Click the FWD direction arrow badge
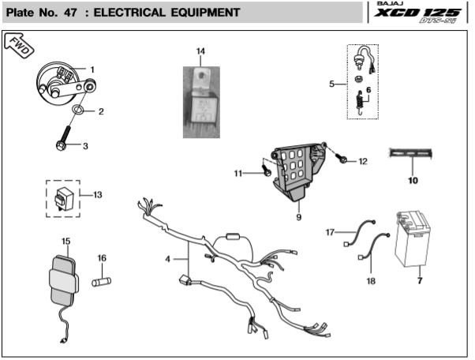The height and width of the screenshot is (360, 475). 19,47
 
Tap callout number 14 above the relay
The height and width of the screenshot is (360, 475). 200,52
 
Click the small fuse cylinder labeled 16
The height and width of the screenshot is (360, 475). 100,281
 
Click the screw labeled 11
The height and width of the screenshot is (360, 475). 267,169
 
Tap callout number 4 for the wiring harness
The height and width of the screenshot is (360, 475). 167,259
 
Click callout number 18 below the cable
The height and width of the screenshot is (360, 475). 370,281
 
